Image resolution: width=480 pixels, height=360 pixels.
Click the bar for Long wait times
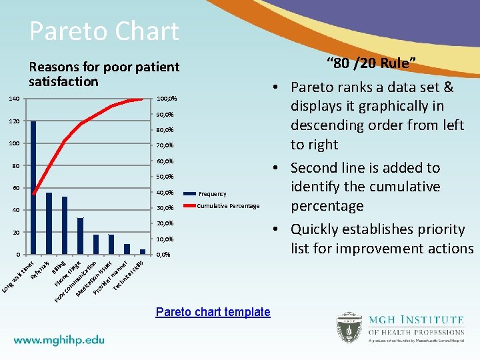tap(33, 187)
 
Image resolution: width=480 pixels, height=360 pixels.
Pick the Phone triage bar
tap(80, 235)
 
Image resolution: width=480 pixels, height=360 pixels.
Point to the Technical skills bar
tap(142, 251)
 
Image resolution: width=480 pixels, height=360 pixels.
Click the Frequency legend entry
tap(211, 194)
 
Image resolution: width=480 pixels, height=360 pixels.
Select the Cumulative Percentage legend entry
tap(228, 206)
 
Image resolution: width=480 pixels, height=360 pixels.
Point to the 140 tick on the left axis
tap(14, 99)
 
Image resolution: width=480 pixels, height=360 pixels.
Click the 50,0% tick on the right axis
tap(165, 177)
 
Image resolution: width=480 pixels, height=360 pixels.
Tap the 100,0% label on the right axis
tap(166, 99)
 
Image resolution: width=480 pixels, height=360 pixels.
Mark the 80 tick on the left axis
tap(15, 166)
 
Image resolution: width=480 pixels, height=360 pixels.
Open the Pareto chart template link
tap(213, 312)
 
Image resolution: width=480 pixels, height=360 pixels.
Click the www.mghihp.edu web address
tap(59, 339)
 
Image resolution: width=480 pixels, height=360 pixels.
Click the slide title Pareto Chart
tap(104, 31)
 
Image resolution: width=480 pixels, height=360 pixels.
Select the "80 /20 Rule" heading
tap(371, 64)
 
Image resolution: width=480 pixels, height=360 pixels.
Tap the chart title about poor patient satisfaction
tap(103, 74)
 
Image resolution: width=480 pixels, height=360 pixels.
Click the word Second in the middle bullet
tap(315, 168)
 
